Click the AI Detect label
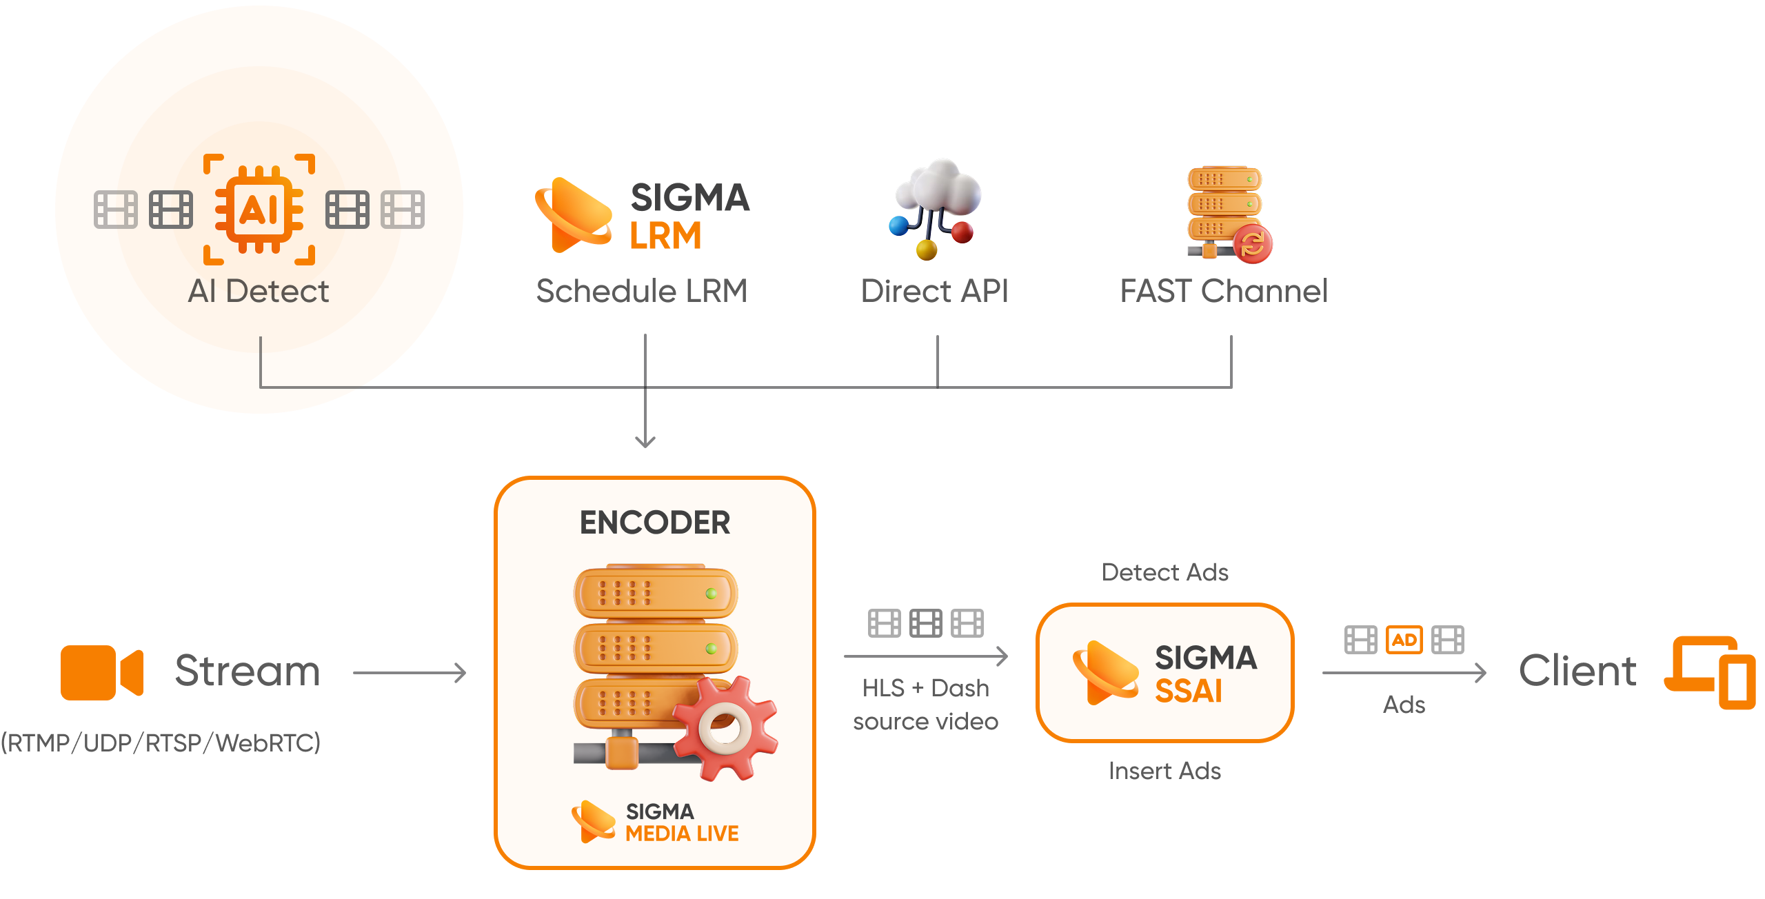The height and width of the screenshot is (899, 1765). point(259,291)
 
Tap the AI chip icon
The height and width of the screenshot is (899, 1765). point(259,210)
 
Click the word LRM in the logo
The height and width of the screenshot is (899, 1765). point(665,236)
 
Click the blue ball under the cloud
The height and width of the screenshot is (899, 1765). point(899,225)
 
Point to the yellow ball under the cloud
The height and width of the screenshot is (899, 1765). point(927,250)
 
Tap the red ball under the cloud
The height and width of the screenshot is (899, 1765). point(962,232)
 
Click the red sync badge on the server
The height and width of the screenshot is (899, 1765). point(1253,243)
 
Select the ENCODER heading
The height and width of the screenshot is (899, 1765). point(655,523)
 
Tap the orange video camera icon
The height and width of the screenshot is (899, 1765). point(102,673)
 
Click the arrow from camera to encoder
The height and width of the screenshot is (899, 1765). point(410,673)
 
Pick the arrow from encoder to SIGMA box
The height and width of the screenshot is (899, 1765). point(926,656)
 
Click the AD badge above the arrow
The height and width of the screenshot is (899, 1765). point(1404,640)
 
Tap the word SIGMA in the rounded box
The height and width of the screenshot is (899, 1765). point(1206,658)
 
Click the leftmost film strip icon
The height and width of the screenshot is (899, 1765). point(116,210)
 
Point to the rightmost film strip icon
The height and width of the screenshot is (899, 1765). point(403,210)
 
